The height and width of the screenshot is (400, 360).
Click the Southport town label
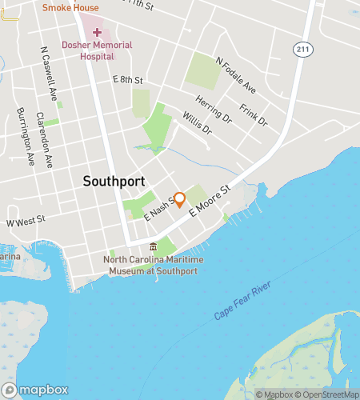click(x=114, y=182)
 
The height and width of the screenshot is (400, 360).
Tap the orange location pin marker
click(x=180, y=200)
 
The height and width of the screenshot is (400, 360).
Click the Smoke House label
click(x=70, y=8)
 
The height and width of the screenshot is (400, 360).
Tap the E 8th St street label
click(x=127, y=80)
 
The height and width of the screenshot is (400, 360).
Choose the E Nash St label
click(x=158, y=210)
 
